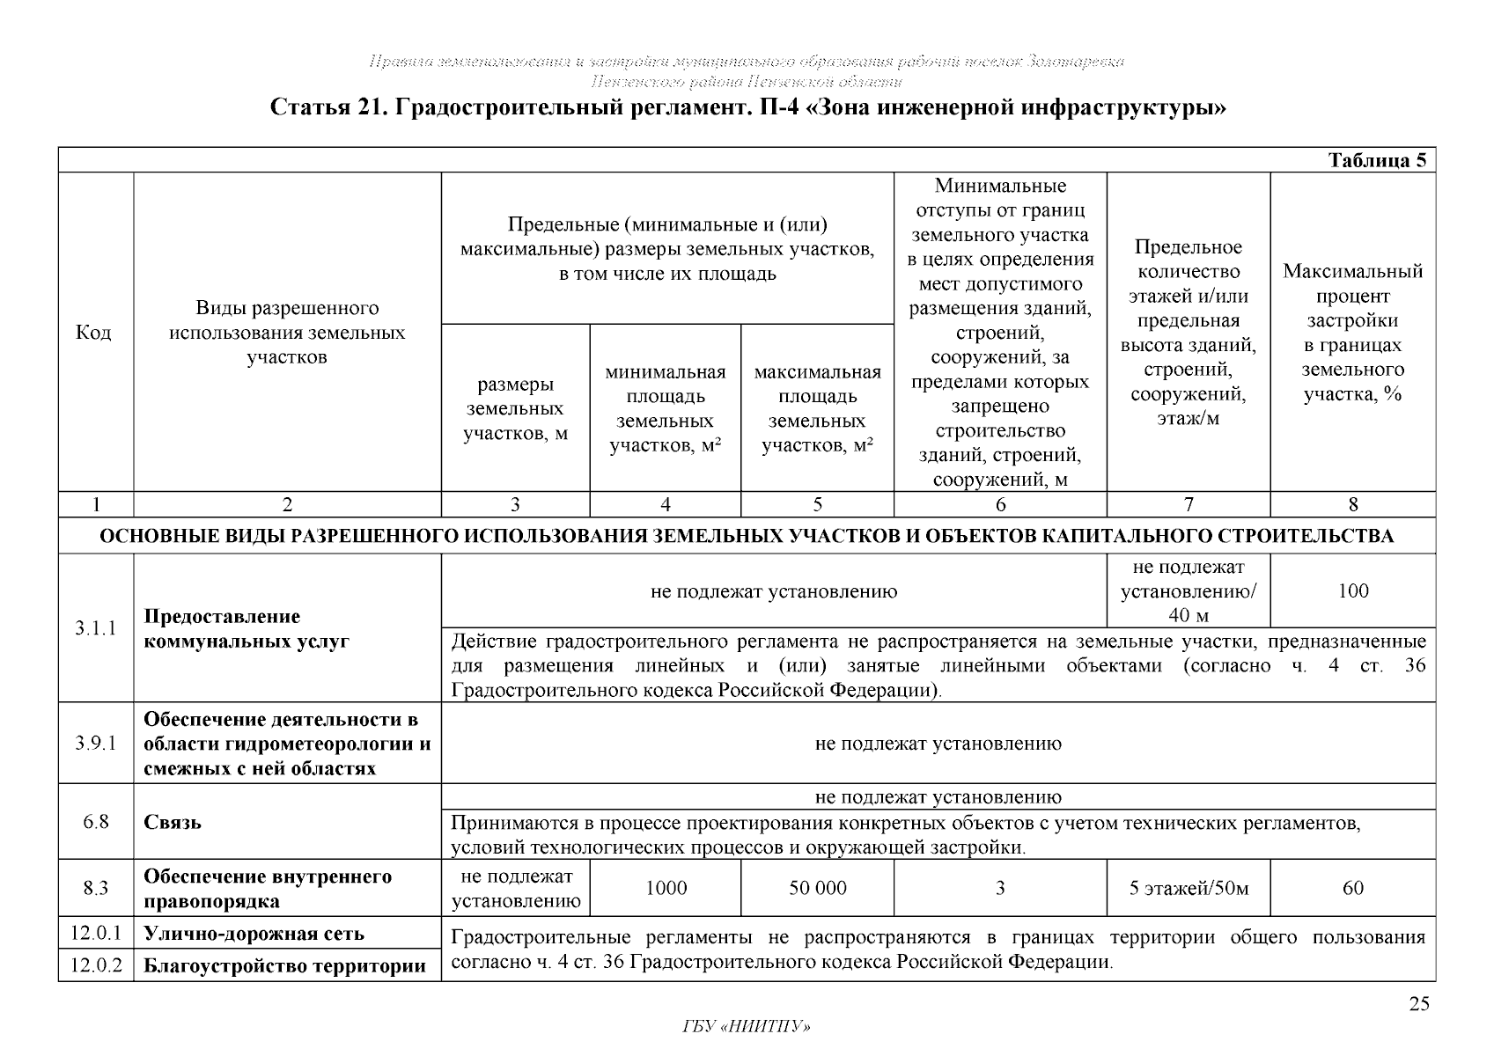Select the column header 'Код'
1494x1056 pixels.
pos(95,333)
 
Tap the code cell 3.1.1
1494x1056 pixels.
pos(95,628)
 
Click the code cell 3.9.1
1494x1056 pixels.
pos(95,744)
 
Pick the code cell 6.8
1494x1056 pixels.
pos(95,822)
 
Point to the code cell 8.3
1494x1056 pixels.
pos(95,889)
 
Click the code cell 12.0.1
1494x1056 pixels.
pos(95,932)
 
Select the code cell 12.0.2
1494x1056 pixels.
pos(95,965)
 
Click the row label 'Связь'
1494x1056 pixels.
pos(173,822)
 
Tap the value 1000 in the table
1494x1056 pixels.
pos(666,889)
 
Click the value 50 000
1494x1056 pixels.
pos(817,889)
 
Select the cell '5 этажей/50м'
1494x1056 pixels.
pos(1189,889)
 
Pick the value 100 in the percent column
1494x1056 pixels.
pos(1352,590)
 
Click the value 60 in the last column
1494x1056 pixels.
pos(1352,889)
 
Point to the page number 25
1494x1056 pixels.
pos(1418,1005)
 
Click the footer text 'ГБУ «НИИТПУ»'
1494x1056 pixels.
pos(746,1027)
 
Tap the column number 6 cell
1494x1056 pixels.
pos(1000,504)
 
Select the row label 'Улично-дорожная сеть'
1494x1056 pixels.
pos(254,933)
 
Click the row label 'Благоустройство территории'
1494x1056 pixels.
pos(284,966)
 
